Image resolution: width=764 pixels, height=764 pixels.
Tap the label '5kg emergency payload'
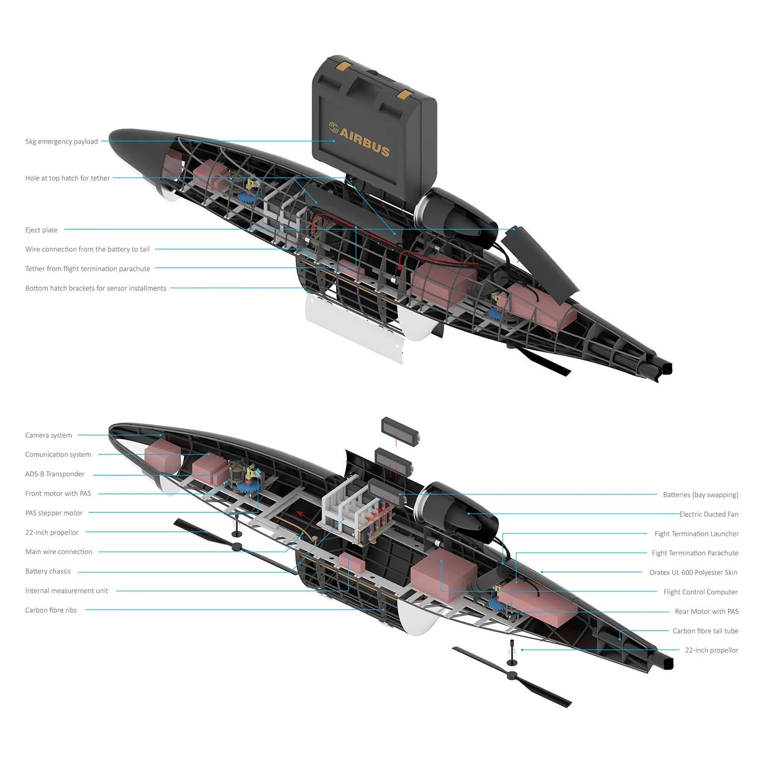tap(62, 142)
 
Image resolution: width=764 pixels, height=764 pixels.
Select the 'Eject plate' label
tap(41, 230)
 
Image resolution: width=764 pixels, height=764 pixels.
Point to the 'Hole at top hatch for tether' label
tap(68, 178)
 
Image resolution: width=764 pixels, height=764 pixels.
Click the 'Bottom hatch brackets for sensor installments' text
tap(96, 288)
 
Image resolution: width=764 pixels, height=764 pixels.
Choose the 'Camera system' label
tap(48, 435)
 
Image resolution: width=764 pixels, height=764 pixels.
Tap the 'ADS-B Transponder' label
tap(55, 474)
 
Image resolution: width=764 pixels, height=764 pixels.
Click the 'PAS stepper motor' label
tap(54, 513)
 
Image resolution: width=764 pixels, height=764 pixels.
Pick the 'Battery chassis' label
tap(48, 571)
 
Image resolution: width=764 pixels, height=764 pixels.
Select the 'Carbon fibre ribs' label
tap(51, 610)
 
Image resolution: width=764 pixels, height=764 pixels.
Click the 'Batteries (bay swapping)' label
tap(700, 495)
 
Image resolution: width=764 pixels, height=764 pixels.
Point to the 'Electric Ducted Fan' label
tap(708, 514)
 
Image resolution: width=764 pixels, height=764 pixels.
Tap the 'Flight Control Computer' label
tap(700, 592)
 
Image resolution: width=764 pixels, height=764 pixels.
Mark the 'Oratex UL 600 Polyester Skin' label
tap(693, 572)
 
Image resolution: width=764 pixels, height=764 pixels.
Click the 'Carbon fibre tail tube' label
tap(705, 631)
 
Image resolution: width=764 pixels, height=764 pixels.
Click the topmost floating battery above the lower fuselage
tap(401, 431)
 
